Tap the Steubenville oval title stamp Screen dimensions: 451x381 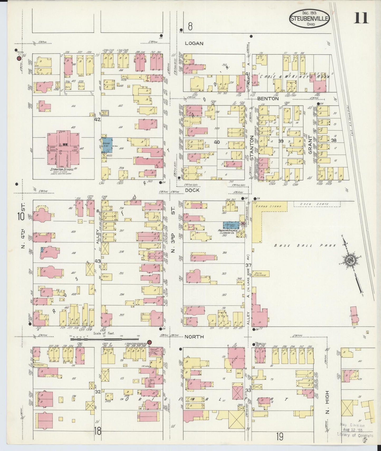[x=310, y=18]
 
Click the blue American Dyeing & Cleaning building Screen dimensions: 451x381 [x=231, y=225]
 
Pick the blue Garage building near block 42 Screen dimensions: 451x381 [x=107, y=145]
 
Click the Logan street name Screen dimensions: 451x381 [x=194, y=43]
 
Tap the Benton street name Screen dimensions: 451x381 [x=268, y=99]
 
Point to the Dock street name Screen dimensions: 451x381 [x=192, y=190]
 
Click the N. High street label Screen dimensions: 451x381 [x=327, y=406]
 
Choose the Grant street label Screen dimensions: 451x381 [x=310, y=145]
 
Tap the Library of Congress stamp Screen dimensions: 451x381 [x=356, y=430]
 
